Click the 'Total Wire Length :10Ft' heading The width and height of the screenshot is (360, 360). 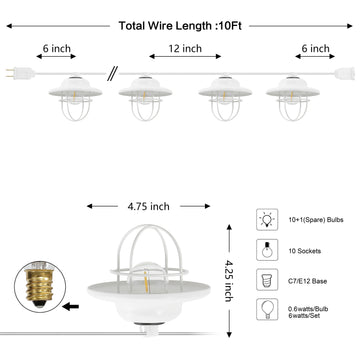[180, 26]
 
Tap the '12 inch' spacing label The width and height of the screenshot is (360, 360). [185, 49]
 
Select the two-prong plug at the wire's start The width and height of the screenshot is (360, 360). [20, 73]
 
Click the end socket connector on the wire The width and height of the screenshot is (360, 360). [345, 74]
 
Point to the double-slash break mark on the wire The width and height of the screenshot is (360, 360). [112, 74]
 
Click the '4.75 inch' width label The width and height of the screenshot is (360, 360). [148, 206]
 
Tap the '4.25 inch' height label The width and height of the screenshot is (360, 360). [229, 281]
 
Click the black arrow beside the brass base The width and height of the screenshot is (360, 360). [70, 307]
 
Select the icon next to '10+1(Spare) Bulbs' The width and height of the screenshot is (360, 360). [267, 219]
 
